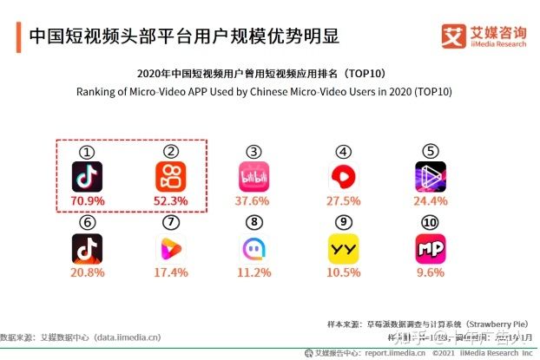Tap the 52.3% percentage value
169,202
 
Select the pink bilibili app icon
253,176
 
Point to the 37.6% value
253,202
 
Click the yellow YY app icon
345,249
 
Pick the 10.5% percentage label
345,272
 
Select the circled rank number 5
430,151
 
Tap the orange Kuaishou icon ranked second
169,176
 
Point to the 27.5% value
345,202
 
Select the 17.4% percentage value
169,272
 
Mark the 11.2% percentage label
253,272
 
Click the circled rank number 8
253,222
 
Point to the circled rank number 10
430,222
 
